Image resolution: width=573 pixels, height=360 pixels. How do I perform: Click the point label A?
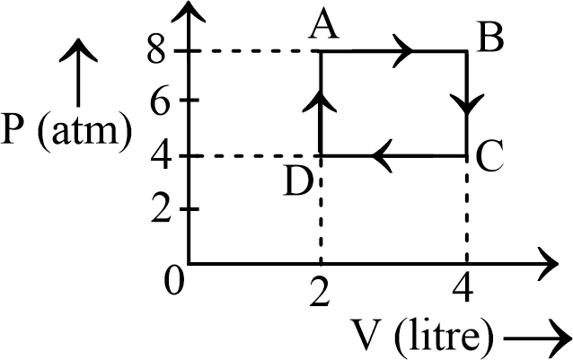click(x=321, y=29)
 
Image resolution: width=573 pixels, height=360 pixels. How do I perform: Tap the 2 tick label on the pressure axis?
click(x=163, y=209)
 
